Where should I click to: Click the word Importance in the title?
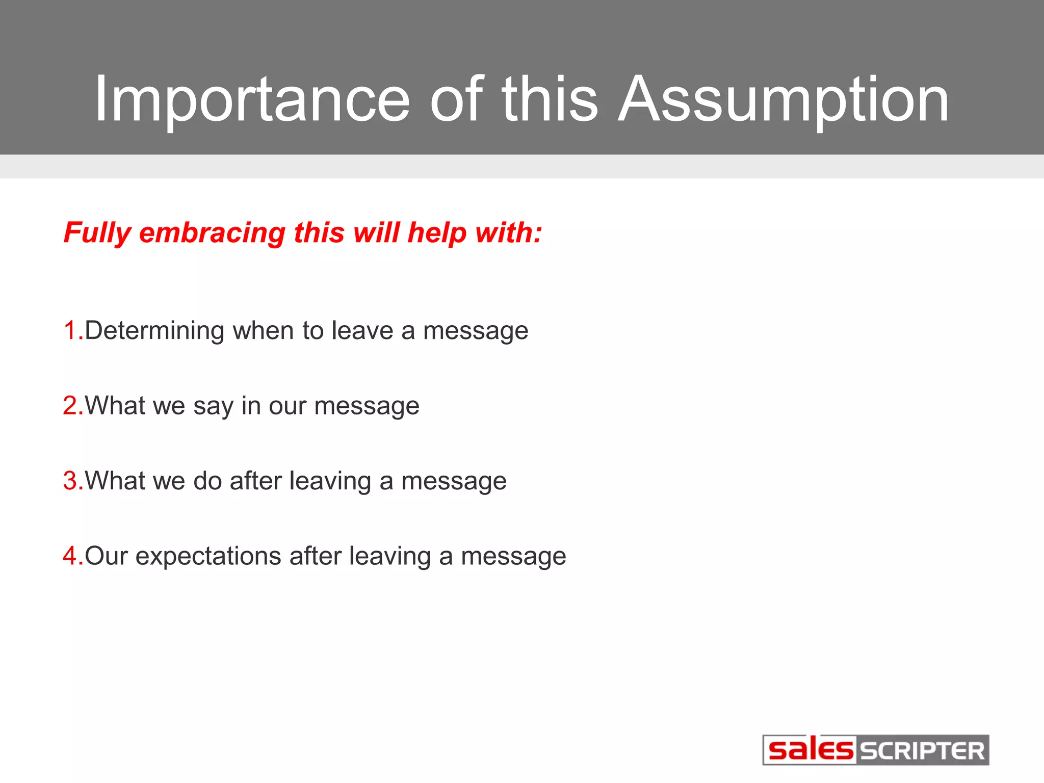tap(252, 99)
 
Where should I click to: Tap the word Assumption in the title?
tap(783, 99)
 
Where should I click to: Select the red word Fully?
tap(97, 233)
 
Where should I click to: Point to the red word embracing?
tap(212, 233)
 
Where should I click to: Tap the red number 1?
tap(70, 330)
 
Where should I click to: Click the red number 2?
tap(70, 406)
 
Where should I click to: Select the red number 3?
tap(70, 481)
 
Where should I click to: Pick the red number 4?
tap(70, 556)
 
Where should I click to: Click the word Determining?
tap(154, 330)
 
